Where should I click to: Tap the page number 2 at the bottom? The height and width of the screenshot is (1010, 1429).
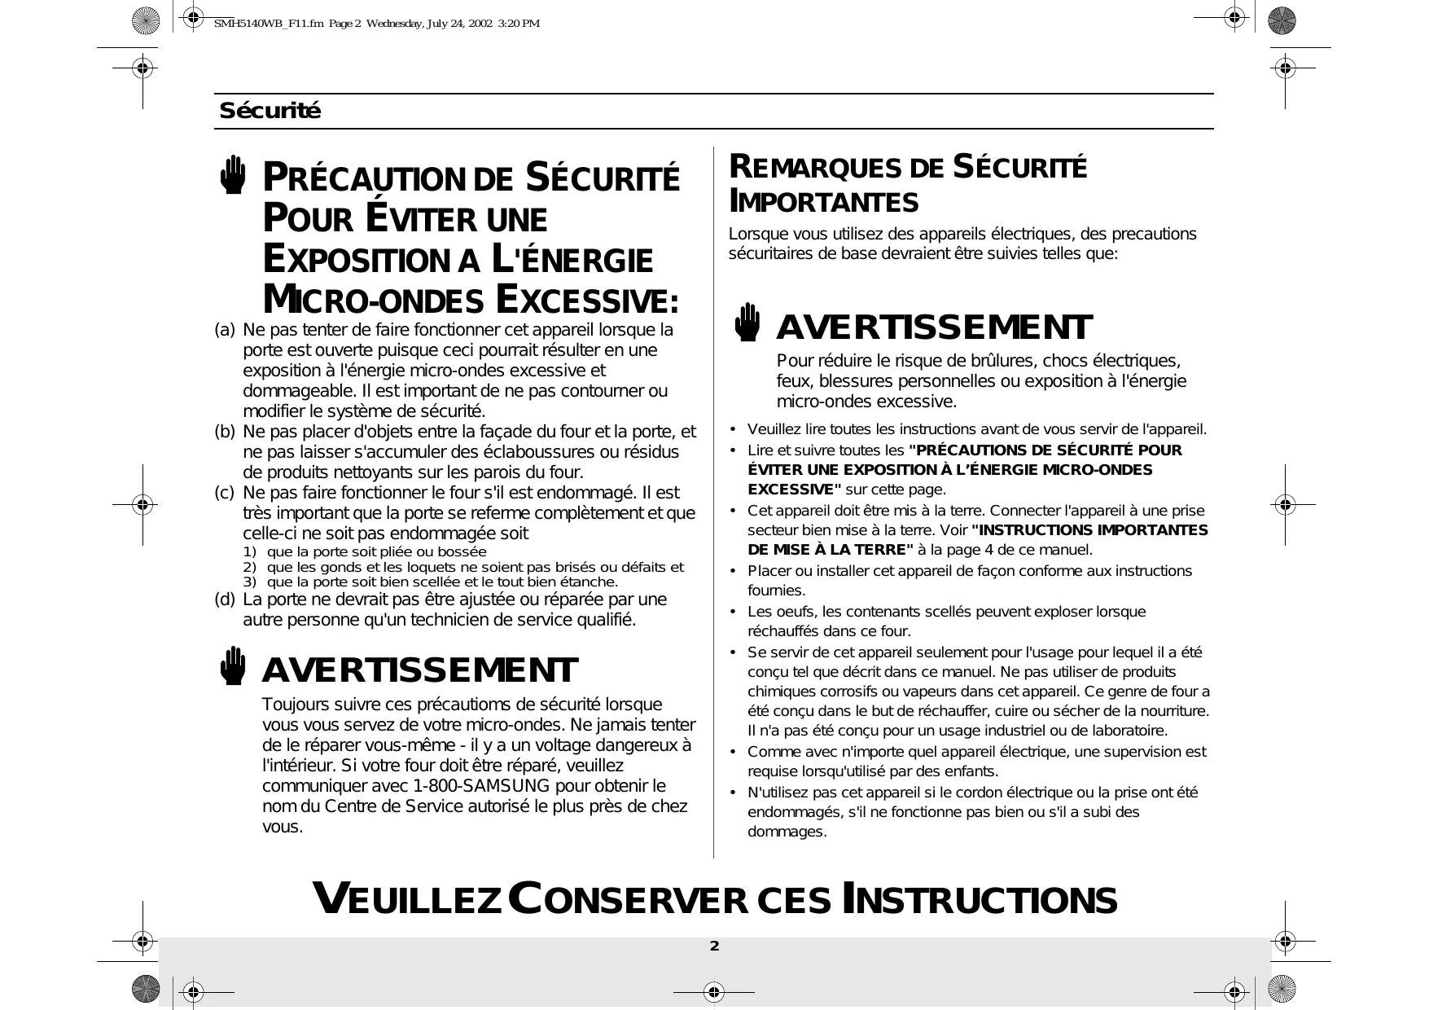coord(714,946)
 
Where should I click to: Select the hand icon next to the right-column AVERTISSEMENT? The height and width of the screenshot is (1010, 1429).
coord(747,323)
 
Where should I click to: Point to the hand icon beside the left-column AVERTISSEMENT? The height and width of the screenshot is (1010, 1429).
coord(233,665)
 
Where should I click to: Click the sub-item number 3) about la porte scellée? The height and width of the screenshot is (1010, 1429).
coord(249,582)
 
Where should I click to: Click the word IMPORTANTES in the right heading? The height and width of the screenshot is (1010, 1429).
coord(824,201)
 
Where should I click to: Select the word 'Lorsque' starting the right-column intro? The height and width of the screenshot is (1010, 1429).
coord(755,235)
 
